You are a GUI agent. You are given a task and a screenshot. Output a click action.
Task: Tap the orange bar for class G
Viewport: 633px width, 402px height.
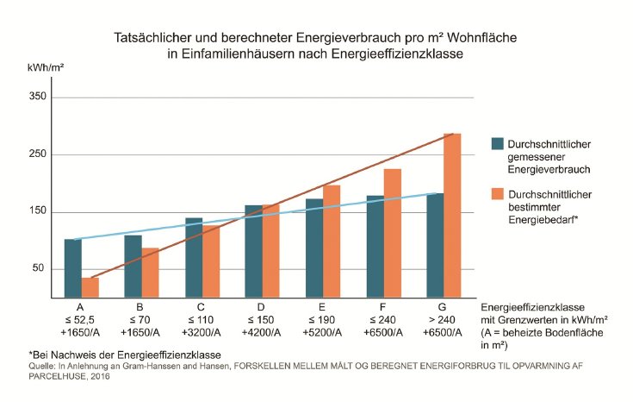click(452, 216)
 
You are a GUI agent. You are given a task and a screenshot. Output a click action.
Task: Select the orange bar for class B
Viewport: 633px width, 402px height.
click(151, 273)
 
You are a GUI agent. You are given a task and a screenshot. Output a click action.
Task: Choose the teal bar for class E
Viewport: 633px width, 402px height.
click(314, 248)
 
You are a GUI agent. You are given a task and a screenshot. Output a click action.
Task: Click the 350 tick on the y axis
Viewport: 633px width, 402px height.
click(36, 97)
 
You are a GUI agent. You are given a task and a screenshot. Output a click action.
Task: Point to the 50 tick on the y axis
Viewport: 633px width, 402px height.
click(39, 269)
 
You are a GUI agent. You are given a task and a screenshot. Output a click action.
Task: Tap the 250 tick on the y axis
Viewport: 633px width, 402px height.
click(36, 154)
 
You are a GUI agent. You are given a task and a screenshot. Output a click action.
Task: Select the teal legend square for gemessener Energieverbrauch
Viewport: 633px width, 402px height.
click(497, 142)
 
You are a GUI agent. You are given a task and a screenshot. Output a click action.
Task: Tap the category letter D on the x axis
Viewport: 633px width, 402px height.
click(262, 306)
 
